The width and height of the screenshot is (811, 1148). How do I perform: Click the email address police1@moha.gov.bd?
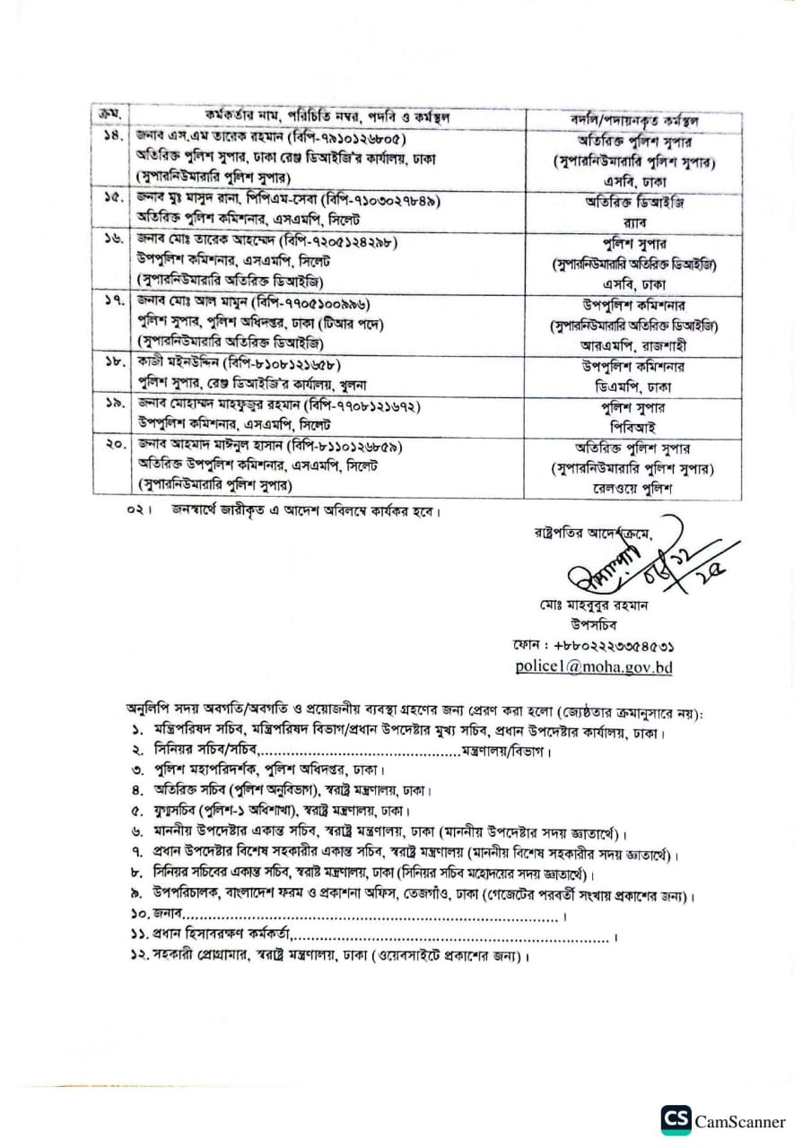pos(593,666)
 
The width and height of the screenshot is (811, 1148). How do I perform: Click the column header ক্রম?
pos(112,117)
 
